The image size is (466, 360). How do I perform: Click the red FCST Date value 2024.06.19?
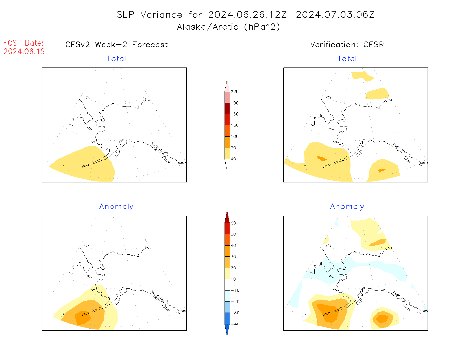point(24,51)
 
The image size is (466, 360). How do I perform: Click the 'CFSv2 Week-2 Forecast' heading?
point(116,45)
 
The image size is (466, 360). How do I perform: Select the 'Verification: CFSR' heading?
point(347,45)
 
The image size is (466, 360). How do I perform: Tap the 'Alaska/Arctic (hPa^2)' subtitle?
point(228,27)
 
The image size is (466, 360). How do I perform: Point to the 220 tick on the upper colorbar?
point(234,92)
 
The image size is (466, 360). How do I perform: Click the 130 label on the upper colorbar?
point(234,125)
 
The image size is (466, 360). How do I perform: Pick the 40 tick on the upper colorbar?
point(233,159)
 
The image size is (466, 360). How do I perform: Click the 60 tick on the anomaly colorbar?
point(233,223)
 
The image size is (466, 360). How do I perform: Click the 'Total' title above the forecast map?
point(116,59)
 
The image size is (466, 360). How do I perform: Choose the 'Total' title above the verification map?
point(347,59)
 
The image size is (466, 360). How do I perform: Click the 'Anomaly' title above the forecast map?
point(116,207)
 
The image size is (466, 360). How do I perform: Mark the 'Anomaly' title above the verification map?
point(347,207)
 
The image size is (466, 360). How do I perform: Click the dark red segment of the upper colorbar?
point(227,108)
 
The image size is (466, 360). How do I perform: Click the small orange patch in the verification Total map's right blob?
point(382,170)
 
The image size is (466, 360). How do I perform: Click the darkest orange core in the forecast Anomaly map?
point(82,318)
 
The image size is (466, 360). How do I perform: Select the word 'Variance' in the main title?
point(161,15)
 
